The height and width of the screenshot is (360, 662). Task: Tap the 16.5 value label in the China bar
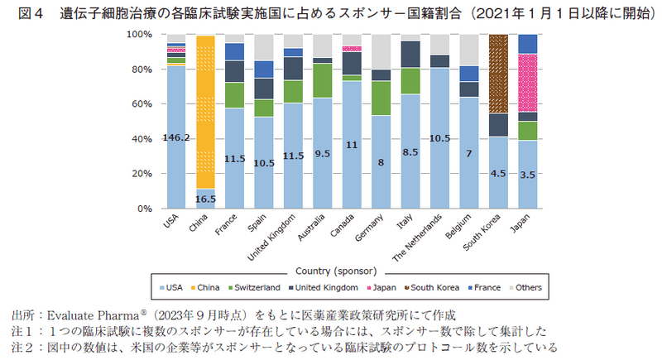pos(206,199)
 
